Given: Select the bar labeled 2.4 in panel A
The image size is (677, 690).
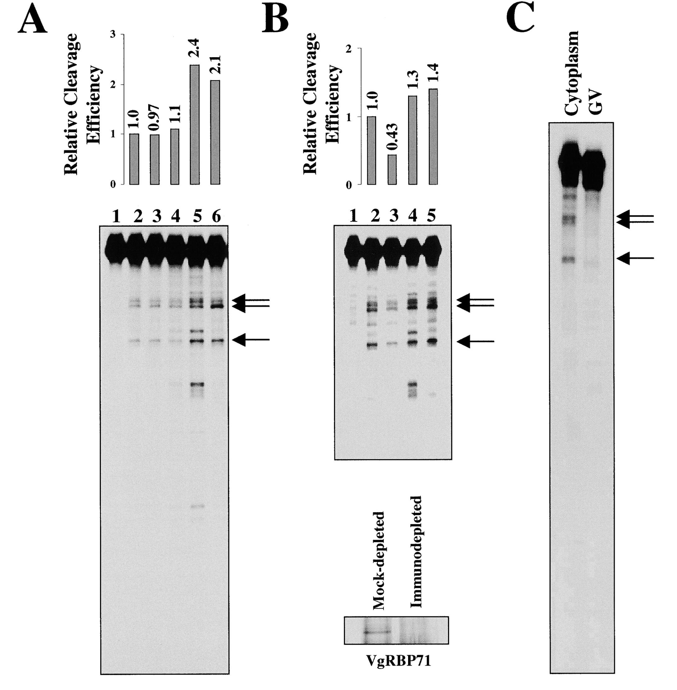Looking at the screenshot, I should point(195,124).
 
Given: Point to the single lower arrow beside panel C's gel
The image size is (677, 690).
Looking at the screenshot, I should point(635,258).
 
